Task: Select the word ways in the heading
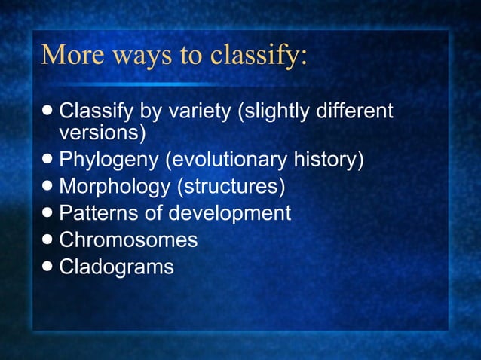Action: [x=139, y=55]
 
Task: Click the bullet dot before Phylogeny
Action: [x=49, y=160]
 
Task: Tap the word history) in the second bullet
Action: [x=330, y=160]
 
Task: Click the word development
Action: [x=229, y=213]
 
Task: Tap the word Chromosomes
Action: [x=128, y=240]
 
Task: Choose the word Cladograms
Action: [x=116, y=267]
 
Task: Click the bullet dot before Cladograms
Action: [x=49, y=267]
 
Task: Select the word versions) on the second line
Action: [x=102, y=133]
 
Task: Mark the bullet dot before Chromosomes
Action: [x=49, y=240]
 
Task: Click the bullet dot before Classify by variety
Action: [x=49, y=112]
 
